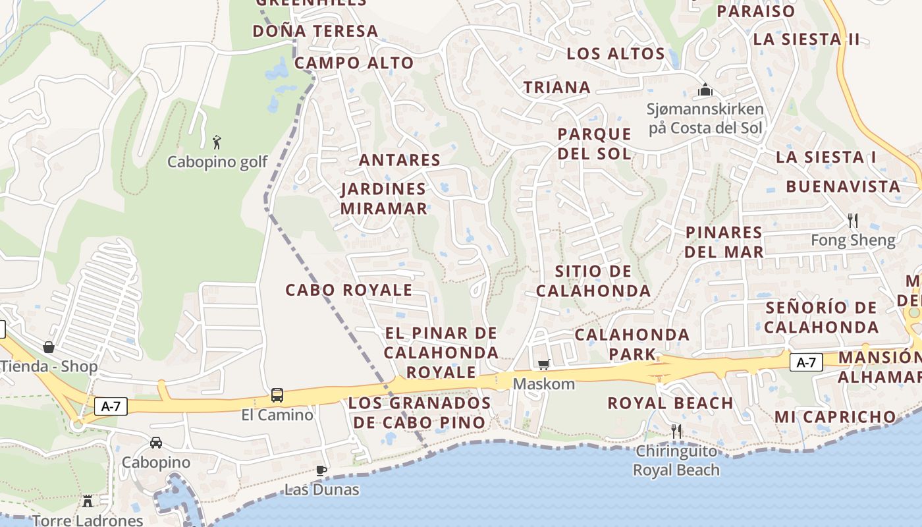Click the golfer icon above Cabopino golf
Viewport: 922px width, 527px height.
pos(217,141)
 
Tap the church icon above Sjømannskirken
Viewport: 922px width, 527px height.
pos(705,89)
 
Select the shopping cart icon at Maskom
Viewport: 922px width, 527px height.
pos(544,364)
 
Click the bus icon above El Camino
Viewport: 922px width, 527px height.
pos(277,395)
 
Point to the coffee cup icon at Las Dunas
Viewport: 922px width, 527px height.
pos(321,470)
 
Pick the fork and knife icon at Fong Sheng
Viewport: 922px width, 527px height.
pos(853,220)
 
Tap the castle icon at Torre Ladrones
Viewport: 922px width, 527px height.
pos(88,501)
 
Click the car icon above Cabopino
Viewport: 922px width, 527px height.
pos(156,443)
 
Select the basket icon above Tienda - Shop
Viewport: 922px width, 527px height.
pos(49,347)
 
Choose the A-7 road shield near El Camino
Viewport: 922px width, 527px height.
pos(111,406)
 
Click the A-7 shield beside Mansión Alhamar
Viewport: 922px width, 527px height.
pos(806,362)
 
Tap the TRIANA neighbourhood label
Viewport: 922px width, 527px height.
pos(556,87)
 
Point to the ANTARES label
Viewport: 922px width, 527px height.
pos(399,160)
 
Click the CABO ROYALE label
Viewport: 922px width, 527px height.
pos(348,290)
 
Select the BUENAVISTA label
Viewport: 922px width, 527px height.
pos(843,186)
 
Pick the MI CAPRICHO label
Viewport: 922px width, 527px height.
pos(835,416)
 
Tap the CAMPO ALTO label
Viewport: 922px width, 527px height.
pos(354,63)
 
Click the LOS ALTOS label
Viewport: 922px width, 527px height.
pos(616,53)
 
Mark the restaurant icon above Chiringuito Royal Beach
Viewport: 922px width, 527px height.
pos(676,431)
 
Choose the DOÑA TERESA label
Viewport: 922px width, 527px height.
pos(315,31)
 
